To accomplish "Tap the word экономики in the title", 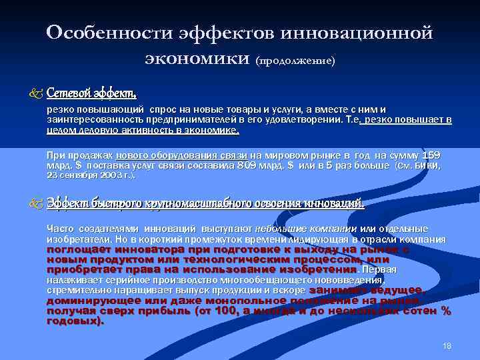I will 197,59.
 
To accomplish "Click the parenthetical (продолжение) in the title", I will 295,61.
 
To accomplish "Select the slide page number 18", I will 447,345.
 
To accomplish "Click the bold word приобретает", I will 85,269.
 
